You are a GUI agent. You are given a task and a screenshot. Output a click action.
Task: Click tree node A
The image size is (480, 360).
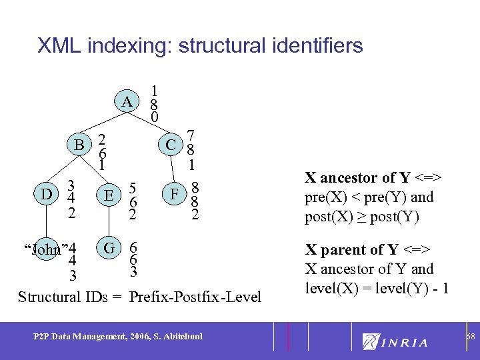click(x=126, y=103)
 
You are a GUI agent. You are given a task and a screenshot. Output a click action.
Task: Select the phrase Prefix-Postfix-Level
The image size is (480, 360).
click(x=196, y=297)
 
